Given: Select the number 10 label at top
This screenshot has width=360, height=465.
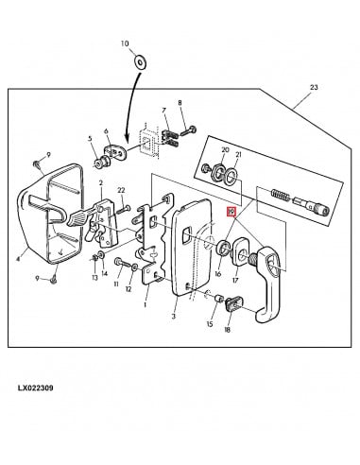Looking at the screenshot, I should (x=123, y=44).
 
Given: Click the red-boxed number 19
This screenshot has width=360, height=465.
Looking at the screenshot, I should (x=230, y=215).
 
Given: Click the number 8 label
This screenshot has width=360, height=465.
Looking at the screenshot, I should (x=181, y=102).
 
